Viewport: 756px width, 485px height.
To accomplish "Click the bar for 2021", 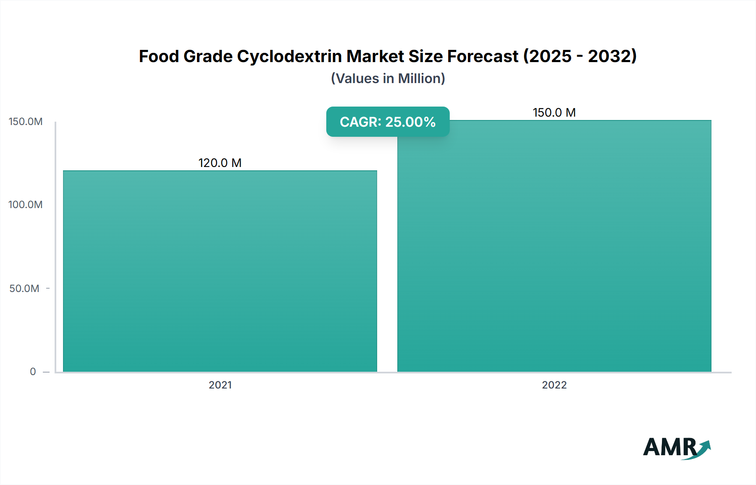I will [220, 271].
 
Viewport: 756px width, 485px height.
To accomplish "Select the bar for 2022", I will [554, 246].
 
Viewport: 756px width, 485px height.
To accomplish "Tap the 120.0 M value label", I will [220, 163].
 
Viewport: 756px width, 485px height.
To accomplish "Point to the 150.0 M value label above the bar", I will [554, 112].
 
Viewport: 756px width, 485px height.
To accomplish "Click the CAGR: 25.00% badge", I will [388, 122].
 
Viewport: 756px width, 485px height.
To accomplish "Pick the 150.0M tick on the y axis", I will [26, 122].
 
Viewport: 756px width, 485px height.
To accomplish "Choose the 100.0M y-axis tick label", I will [26, 205].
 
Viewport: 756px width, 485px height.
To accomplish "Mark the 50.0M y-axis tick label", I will [24, 289].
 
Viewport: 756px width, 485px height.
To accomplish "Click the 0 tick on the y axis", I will [33, 372].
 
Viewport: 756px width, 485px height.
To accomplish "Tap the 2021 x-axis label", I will [220, 385].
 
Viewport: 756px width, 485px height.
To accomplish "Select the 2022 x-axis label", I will [554, 385].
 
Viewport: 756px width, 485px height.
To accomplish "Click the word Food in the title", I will [159, 56].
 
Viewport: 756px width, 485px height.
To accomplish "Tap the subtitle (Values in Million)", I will [388, 78].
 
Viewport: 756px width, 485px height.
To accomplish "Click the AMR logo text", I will [669, 447].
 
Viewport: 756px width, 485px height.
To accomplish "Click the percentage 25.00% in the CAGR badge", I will [410, 122].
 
